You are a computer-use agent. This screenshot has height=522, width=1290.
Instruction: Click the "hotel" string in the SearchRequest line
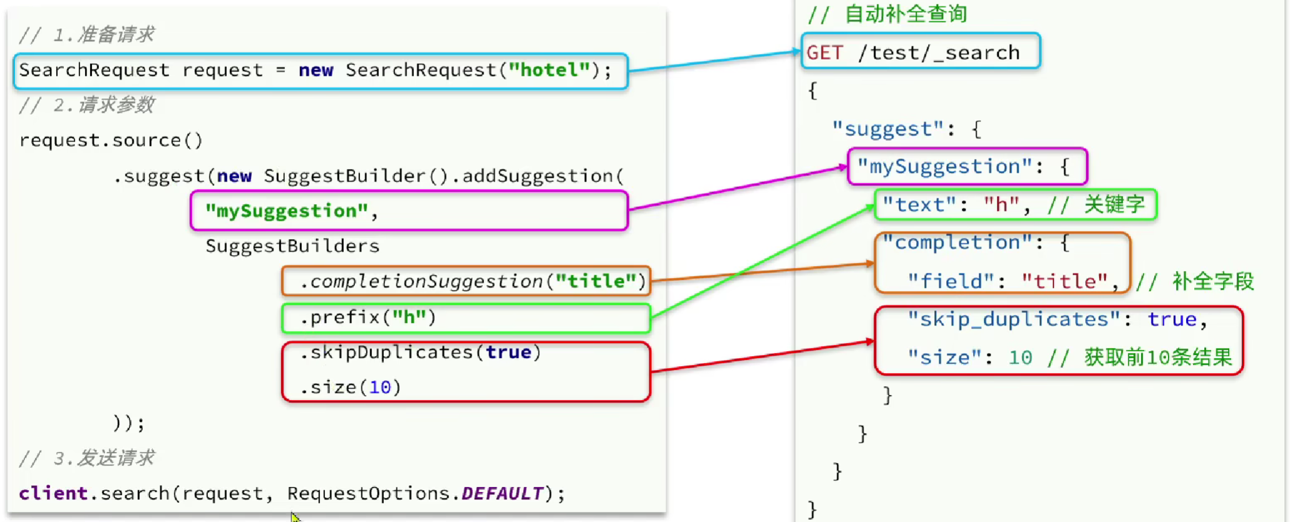click(549, 70)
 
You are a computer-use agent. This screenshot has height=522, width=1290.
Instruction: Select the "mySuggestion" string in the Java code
click(287, 212)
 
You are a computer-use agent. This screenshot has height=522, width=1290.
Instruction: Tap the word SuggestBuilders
click(292, 246)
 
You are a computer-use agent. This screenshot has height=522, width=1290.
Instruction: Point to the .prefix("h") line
click(368, 318)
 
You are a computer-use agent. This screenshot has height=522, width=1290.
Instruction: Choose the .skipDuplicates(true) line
click(420, 352)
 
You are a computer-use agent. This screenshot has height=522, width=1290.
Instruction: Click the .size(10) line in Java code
click(350, 387)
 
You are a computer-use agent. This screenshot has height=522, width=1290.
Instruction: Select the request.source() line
click(111, 140)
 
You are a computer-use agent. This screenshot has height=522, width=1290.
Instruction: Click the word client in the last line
click(53, 494)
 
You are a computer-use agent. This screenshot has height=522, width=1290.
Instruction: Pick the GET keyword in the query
click(825, 53)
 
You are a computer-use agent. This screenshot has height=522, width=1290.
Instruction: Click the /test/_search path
click(939, 53)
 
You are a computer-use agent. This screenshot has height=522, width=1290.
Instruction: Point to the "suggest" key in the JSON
click(887, 130)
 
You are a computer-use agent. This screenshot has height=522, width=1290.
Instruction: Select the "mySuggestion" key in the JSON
click(944, 167)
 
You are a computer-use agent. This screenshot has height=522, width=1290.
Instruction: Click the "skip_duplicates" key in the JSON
click(1014, 320)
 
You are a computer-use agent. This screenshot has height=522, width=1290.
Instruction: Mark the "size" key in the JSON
click(944, 358)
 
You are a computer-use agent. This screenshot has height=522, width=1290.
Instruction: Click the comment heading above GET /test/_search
click(887, 14)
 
